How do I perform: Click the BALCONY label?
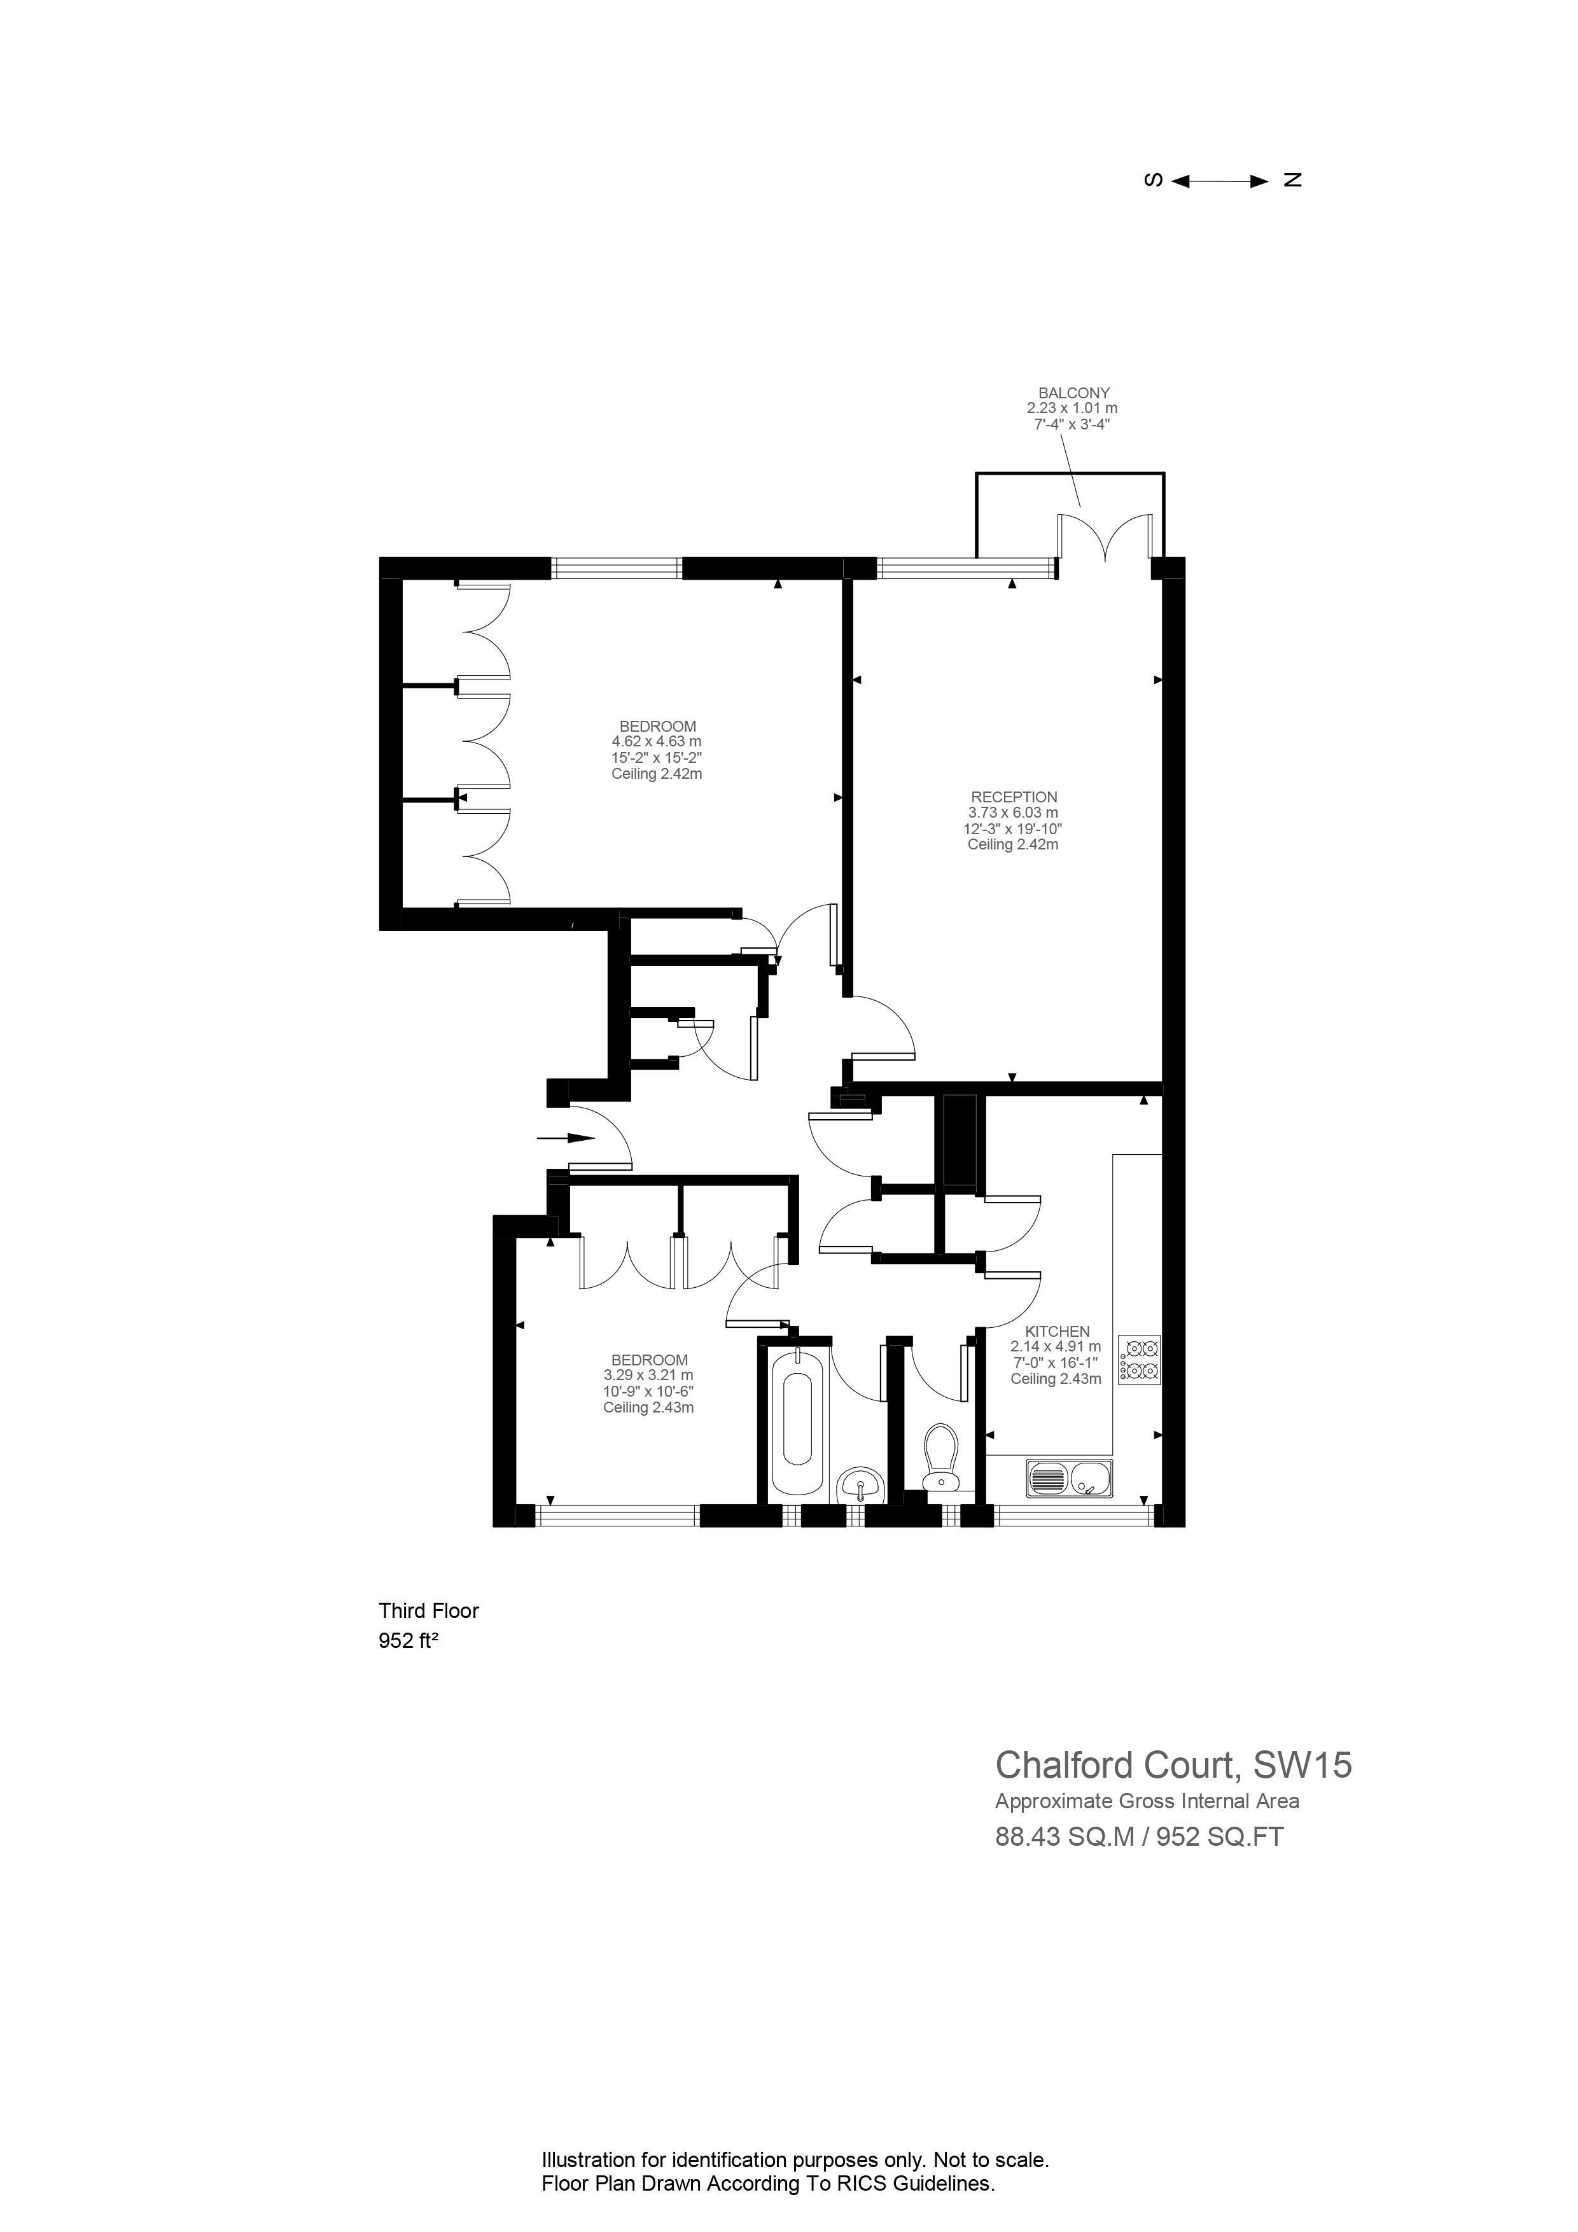1073,393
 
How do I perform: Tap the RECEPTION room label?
1013,797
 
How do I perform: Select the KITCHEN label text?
1057,1331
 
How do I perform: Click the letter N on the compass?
1292,180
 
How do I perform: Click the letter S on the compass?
1153,180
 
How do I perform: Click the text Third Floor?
429,1611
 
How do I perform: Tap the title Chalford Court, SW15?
1173,1764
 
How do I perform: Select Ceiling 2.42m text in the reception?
1013,845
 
